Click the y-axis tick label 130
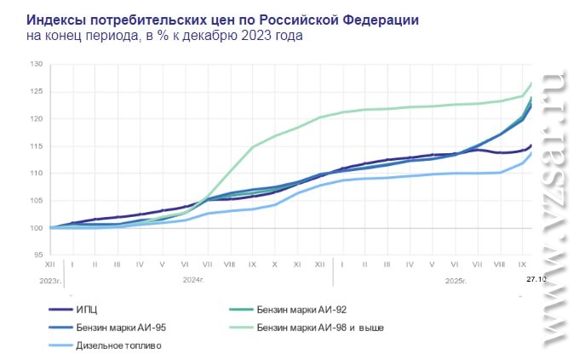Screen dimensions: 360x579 [37, 65]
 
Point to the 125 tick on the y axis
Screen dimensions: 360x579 [37, 92]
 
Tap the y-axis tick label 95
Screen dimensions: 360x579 [38, 254]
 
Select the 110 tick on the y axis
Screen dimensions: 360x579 [37, 174]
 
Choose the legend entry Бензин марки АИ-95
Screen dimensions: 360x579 [120, 328]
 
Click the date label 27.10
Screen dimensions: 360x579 [535, 278]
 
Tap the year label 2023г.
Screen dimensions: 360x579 [50, 279]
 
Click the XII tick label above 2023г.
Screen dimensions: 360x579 [50, 265]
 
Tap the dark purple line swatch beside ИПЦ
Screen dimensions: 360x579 [60, 310]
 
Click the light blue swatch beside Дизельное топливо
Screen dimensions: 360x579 [60, 346]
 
